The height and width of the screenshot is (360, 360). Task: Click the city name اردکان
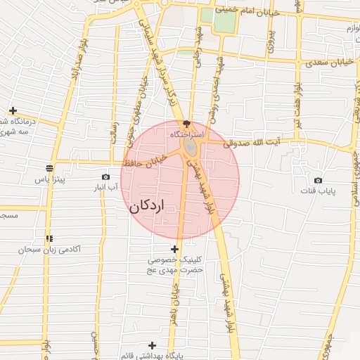[x=147, y=207]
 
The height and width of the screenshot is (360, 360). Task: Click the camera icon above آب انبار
[x=105, y=176]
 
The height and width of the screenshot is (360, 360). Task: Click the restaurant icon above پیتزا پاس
[x=49, y=168]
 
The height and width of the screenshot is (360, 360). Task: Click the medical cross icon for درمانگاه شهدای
[x=13, y=110]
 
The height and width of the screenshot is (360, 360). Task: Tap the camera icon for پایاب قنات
[x=318, y=181]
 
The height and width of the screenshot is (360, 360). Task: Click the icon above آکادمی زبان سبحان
[x=49, y=238]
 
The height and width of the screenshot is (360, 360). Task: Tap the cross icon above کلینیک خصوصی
[x=174, y=248]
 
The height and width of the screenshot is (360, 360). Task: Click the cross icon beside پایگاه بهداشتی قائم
[x=152, y=345]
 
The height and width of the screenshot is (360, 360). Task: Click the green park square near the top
[x=224, y=21]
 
